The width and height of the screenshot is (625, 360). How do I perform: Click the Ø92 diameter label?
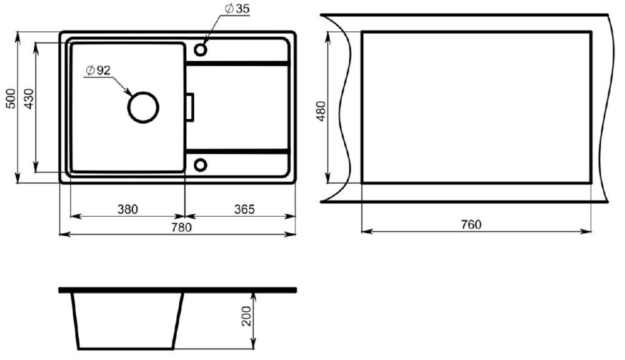click(x=97, y=71)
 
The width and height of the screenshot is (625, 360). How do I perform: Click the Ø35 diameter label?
click(x=237, y=9)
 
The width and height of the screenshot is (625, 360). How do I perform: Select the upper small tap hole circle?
click(x=201, y=50)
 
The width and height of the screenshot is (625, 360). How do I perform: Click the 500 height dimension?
click(x=11, y=99)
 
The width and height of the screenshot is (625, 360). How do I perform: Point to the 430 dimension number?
click(x=29, y=99)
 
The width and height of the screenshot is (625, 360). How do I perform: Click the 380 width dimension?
click(x=127, y=209)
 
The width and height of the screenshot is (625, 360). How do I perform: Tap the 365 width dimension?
click(x=244, y=209)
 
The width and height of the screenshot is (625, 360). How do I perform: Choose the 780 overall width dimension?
click(x=182, y=227)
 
